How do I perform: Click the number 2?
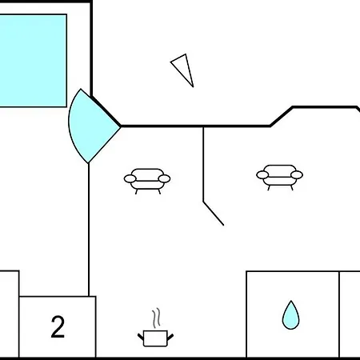pyautogui.click(x=58, y=326)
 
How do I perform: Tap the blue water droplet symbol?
pyautogui.click(x=290, y=315)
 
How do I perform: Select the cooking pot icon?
pyautogui.click(x=155, y=338)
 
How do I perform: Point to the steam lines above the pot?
pyautogui.click(x=157, y=318)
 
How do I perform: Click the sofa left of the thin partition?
pyautogui.click(x=147, y=181)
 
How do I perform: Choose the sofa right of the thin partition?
pyautogui.click(x=279, y=178)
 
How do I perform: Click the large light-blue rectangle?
pyautogui.click(x=33, y=61)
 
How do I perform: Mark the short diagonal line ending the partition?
pyautogui.click(x=214, y=214)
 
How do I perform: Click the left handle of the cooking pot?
pyautogui.click(x=141, y=337)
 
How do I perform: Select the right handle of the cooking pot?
pyautogui.click(x=170, y=337)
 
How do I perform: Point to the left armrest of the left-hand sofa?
pyautogui.click(x=130, y=178)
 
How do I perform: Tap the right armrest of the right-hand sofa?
pyautogui.click(x=297, y=175)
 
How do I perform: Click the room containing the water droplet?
pyautogui.click(x=293, y=314)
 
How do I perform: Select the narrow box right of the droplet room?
pyautogui.click(x=350, y=314)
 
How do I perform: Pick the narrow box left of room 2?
pyautogui.click(x=10, y=314)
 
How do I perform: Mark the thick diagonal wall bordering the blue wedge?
pyautogui.click(x=106, y=111)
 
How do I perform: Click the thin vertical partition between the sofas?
pyautogui.click(x=203, y=164)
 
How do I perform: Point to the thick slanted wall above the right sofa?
pyautogui.click(x=282, y=116)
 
